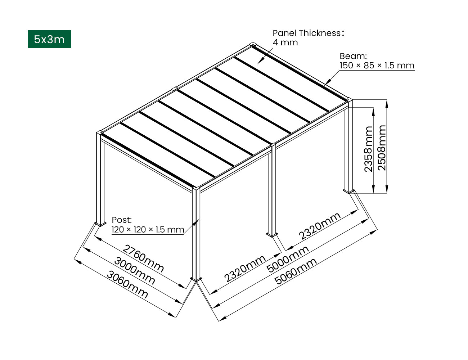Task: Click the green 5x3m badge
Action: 49,39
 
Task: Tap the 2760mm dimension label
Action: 143,258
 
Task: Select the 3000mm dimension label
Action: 134,271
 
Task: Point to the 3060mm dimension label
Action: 127,284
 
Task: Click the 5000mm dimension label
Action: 288,259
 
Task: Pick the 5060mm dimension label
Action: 296,271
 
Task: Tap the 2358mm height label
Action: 368,149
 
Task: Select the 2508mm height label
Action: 382,148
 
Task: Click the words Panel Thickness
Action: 307,33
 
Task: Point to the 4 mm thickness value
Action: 285,42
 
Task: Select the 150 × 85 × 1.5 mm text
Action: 377,66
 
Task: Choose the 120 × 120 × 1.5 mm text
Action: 148,230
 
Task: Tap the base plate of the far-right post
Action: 349,191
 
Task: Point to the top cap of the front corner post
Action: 196,188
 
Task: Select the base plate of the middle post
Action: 272,234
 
